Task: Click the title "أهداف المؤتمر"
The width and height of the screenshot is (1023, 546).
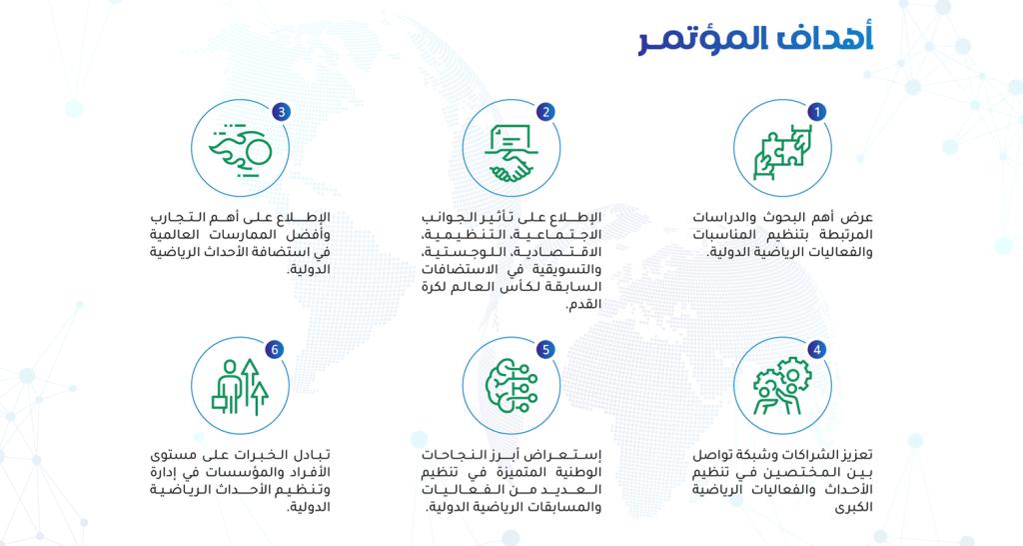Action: coord(755,40)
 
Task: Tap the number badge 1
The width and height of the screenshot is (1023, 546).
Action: coord(817,112)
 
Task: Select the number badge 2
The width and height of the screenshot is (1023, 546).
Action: coord(546,112)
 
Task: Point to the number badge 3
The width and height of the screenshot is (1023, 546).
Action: coord(281,112)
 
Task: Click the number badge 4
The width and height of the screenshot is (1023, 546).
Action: coord(817,350)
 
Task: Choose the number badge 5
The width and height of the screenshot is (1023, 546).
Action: coord(546,350)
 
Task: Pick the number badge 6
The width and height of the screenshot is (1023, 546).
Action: coord(275,350)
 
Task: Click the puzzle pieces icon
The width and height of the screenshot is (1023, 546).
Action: coord(782,151)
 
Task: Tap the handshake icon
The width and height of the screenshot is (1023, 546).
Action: coord(511,153)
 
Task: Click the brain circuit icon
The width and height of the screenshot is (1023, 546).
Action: coord(511,387)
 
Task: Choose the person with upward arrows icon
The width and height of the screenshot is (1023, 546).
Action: coord(240,387)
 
